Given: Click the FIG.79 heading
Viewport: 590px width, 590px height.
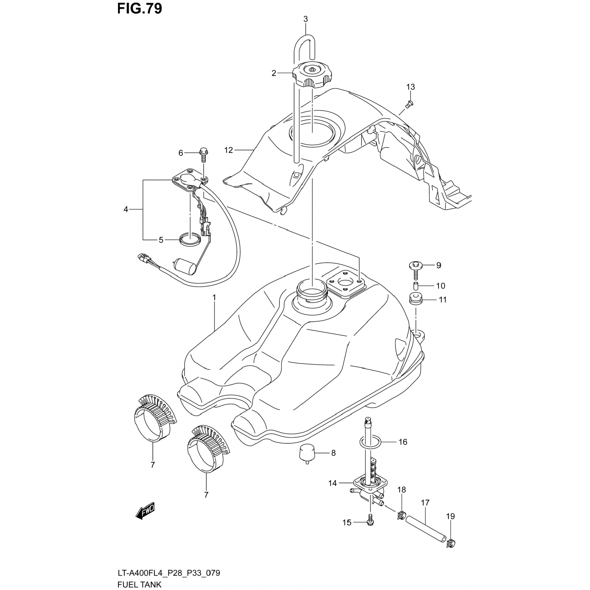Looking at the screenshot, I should coord(139,8).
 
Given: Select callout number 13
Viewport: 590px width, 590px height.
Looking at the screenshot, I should coord(410,87).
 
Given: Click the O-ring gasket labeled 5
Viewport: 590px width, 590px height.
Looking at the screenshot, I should coord(190,238).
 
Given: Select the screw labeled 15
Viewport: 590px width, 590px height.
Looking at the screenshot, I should coord(370,520).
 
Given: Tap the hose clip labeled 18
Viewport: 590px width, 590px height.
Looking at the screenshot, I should coord(401,514).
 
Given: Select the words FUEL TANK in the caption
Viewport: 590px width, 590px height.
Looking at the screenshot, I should coord(139,584).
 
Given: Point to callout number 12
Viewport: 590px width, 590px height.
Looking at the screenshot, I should coord(229,150).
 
